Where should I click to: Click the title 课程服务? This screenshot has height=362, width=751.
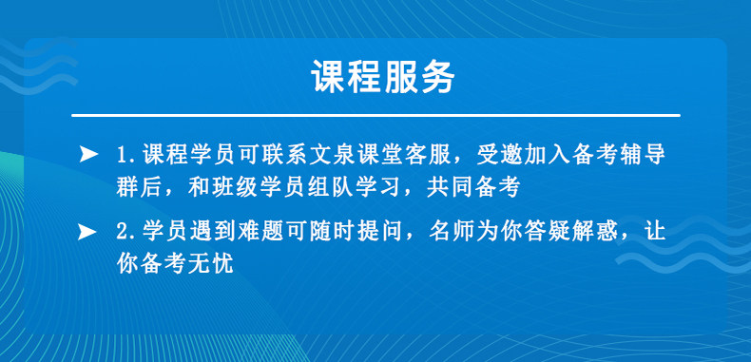coord(383,77)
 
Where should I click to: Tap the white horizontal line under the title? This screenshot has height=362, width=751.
coord(375,115)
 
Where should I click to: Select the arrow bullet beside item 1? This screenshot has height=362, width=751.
coord(88,154)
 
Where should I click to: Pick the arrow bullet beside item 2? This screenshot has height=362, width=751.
coord(88,233)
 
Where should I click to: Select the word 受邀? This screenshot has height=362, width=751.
coord(499,155)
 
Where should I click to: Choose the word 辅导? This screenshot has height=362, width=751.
coord(643,155)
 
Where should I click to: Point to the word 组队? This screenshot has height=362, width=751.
coord(332,189)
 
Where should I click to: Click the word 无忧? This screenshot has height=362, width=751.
coord(211,264)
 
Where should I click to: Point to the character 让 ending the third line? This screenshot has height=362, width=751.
coord(655,233)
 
